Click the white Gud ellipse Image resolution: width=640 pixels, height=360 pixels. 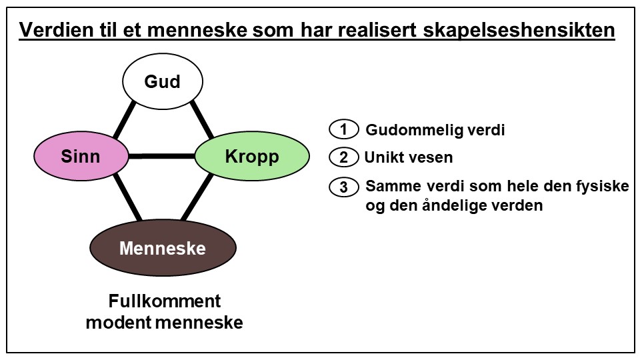163,81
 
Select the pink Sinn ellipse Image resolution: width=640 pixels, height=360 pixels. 81,157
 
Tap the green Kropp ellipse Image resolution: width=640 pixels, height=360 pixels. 252,157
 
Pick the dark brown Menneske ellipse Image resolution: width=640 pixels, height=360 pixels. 163,248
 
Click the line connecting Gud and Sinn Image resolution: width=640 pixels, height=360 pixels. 125,120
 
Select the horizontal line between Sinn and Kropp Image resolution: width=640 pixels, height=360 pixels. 161,157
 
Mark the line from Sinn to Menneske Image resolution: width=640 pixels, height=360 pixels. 127,197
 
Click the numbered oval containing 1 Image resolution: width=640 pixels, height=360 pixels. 344,129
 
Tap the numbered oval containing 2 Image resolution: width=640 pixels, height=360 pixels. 344,158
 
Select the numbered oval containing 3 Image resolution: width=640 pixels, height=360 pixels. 344,187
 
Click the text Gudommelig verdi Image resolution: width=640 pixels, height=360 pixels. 435,130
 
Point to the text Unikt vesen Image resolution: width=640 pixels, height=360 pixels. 408,158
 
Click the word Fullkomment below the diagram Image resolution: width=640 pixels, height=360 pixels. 165,301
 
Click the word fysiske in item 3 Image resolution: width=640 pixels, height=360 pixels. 604,187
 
